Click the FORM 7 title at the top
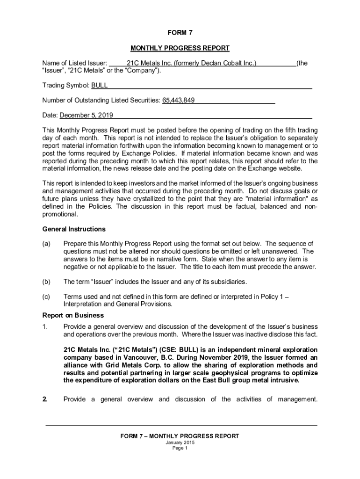point(180,33)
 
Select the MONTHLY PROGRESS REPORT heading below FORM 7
point(180,48)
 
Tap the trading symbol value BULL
point(100,86)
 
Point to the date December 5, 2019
point(86,116)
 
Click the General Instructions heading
point(74,229)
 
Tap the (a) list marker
point(46,244)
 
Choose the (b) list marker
point(46,282)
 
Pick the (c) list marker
point(46,297)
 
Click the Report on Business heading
point(73,315)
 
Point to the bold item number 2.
point(45,399)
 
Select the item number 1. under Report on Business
point(45,327)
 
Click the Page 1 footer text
point(180,448)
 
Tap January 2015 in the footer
point(180,443)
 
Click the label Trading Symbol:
point(66,86)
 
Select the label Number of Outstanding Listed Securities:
point(101,101)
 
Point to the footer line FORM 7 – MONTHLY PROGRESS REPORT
point(180,436)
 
